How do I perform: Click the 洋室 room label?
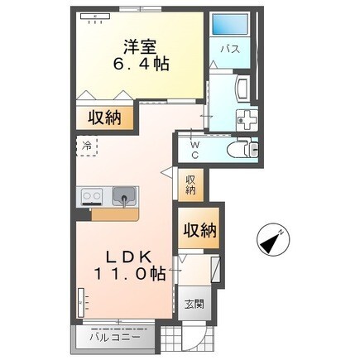coord(140,47)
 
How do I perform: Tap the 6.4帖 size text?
coord(141,65)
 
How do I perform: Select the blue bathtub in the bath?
coord(230,24)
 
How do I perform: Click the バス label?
coord(230,50)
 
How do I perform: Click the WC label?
coord(195,150)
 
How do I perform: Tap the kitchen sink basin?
coord(124,196)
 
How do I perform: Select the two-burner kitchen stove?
coord(92,197)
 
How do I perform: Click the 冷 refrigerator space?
coord(87,146)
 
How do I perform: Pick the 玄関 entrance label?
coord(194,305)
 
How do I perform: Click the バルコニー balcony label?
coord(115,337)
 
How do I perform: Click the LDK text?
coord(129,257)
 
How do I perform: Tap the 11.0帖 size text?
coord(130,274)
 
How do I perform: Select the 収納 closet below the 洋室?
coord(104,118)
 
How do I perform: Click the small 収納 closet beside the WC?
coord(191,185)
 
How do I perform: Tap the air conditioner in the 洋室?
coord(95,17)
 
